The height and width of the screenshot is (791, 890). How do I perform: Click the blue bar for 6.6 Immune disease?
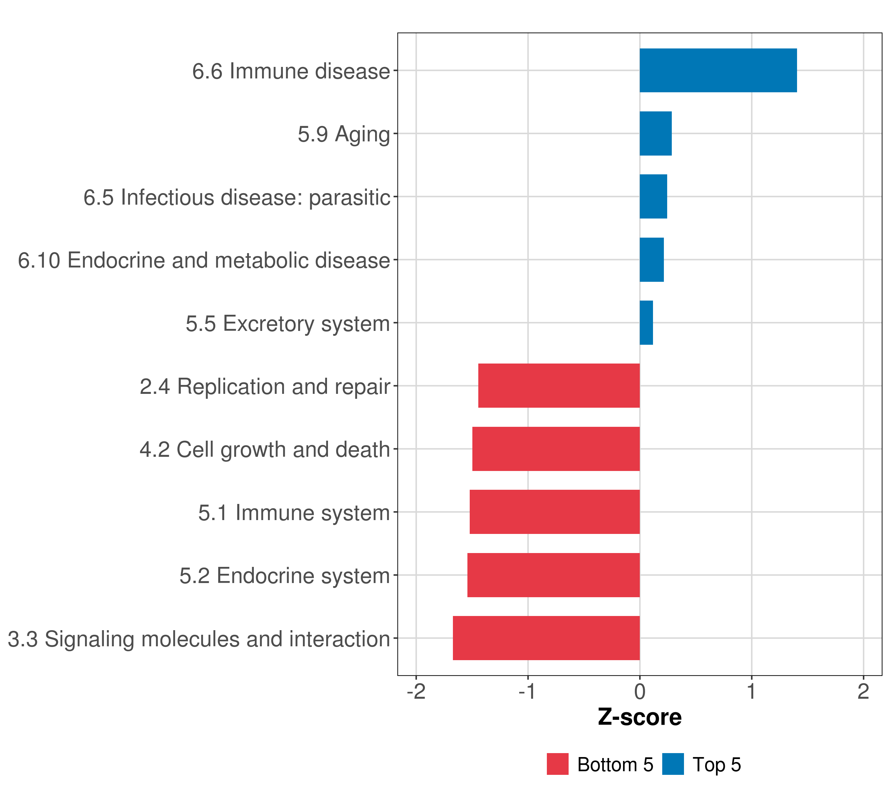tap(718, 71)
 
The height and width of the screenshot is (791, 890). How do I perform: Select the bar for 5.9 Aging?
tap(656, 134)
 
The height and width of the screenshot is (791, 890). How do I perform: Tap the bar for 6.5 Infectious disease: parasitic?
tap(653, 197)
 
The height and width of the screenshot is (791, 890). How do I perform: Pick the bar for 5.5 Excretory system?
tap(646, 323)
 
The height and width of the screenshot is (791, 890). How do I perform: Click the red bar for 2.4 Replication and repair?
tap(559, 386)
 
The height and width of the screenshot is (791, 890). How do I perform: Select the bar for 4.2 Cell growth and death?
tap(556, 449)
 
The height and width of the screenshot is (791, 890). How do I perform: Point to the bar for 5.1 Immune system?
tap(555, 512)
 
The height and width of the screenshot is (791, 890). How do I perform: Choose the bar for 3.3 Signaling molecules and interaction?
tap(547, 638)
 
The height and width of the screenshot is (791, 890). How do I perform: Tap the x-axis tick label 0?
tap(639, 692)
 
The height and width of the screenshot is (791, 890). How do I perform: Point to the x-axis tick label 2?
tap(863, 692)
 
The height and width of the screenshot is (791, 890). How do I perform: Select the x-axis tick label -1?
tap(528, 692)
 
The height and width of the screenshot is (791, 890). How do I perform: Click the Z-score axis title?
tap(639, 718)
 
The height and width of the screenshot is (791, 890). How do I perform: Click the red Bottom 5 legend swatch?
tap(558, 764)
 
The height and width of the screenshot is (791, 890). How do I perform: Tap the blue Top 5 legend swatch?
tap(673, 764)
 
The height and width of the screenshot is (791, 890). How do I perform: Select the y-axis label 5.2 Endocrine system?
tap(285, 576)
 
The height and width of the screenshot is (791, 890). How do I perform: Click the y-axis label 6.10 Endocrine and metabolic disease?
tap(204, 260)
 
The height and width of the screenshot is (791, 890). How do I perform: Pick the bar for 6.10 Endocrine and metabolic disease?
tap(652, 260)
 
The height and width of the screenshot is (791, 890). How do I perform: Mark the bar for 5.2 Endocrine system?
tap(553, 575)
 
